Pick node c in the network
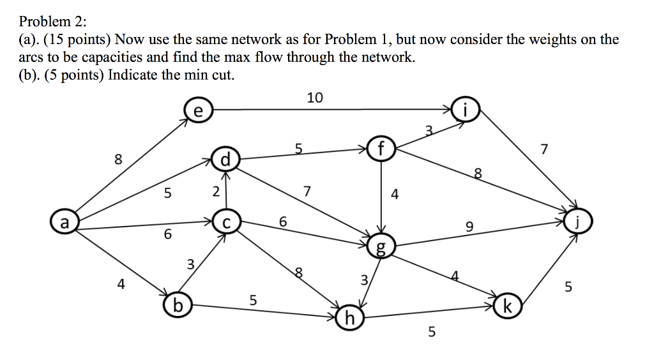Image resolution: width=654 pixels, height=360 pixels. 225,223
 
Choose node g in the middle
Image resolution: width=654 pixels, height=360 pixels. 382,246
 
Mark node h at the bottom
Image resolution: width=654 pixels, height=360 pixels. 348,317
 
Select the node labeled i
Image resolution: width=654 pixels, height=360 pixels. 466,110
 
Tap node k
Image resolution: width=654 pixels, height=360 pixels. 506,304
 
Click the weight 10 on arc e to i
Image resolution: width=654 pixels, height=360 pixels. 315,98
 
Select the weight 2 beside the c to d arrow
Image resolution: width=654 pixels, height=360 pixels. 216,191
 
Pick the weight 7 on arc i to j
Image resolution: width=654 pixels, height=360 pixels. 544,151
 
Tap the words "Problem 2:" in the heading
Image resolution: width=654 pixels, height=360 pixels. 52,21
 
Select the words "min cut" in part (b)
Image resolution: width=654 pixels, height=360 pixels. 212,74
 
